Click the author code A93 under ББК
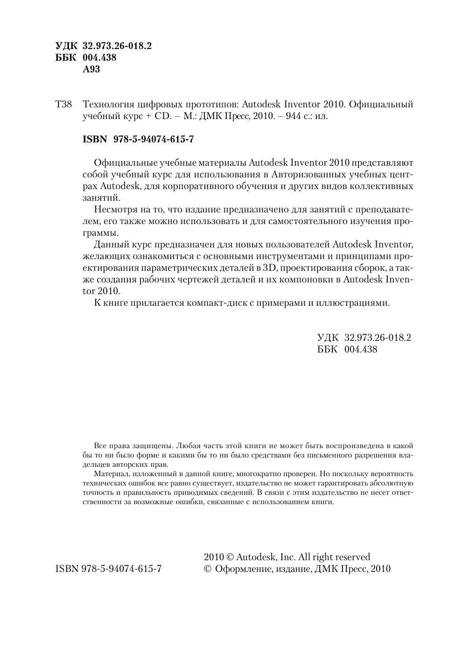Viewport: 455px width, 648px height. (91, 70)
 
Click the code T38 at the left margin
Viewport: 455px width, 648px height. (64, 104)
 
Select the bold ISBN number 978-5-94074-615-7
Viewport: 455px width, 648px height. (154, 140)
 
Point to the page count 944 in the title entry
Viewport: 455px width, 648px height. (293, 116)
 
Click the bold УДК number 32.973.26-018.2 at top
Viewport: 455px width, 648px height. (117, 46)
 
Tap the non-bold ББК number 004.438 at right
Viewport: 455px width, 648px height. (361, 350)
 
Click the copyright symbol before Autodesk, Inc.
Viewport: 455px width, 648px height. (230, 557)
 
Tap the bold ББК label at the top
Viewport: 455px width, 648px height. (66, 58)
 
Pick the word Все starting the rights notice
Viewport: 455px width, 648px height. (100, 446)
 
